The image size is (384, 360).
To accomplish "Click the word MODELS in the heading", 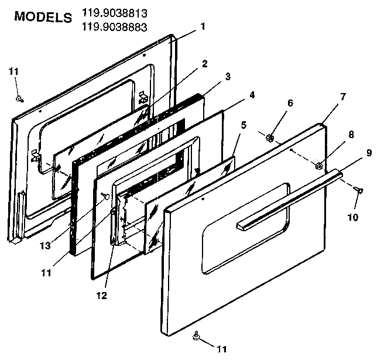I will point(43,16).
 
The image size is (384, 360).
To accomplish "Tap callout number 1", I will point(203,26).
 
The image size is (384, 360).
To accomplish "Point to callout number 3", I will point(228,76).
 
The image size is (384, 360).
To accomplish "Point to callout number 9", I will point(369,153).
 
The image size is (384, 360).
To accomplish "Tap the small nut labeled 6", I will point(269,138).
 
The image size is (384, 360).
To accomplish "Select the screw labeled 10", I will point(359,189).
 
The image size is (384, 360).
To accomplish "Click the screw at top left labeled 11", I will point(19,98).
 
